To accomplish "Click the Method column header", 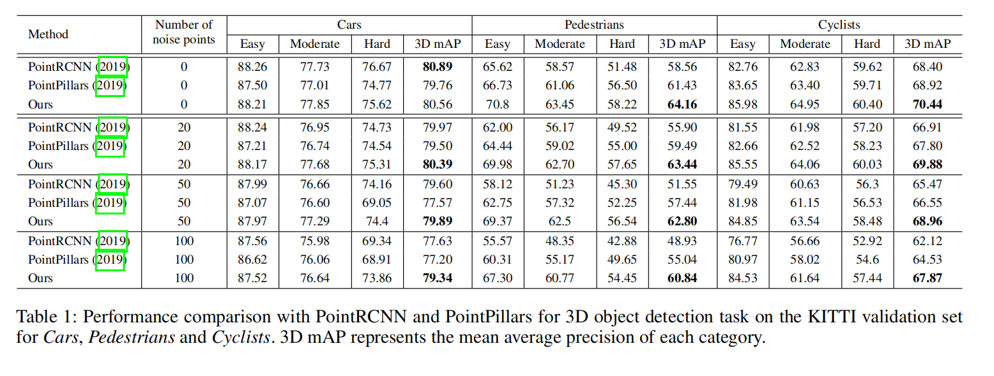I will tap(48, 34).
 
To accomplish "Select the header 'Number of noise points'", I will tap(184, 33).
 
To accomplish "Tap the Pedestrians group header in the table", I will tap(594, 25).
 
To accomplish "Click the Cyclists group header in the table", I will tap(839, 25).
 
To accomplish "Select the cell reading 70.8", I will tap(497, 103).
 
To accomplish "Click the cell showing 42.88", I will tap(622, 241).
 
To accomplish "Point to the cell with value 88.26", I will tap(252, 66).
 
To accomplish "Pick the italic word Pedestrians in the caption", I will tap(131, 337).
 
